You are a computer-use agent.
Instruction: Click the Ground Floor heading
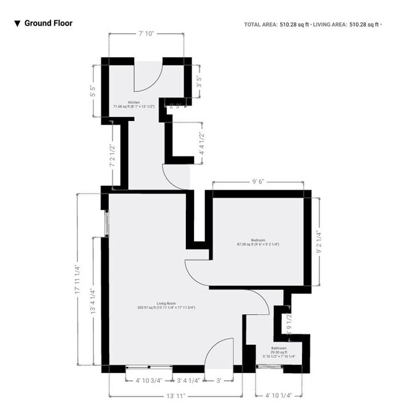pos(48,23)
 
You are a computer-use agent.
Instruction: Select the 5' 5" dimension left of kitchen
pos(92,91)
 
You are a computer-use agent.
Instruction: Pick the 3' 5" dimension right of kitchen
pos(198,81)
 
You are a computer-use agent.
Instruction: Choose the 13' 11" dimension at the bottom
pos(175,396)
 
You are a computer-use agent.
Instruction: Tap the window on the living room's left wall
pos(106,223)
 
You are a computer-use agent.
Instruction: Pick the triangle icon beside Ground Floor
pos(18,24)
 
